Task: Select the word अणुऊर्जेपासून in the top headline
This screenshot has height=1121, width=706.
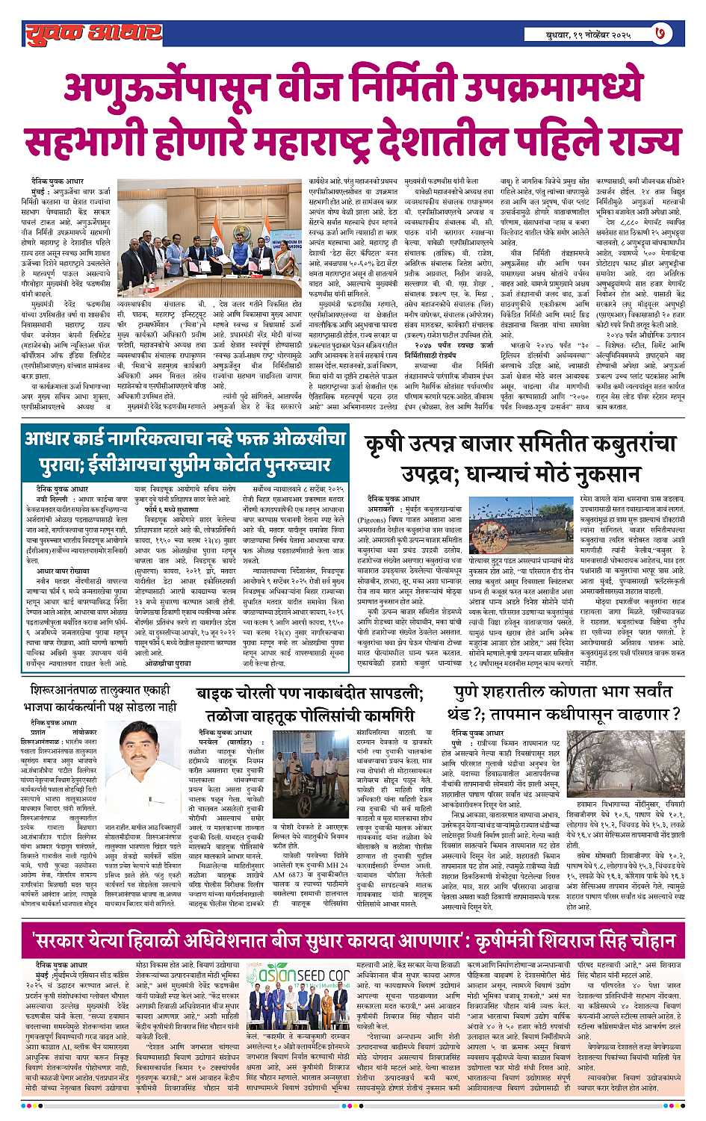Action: pyautogui.click(x=160, y=88)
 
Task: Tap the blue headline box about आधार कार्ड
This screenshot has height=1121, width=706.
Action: pyautogui.click(x=185, y=451)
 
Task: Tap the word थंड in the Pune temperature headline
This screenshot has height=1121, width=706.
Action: pyautogui.click(x=468, y=712)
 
